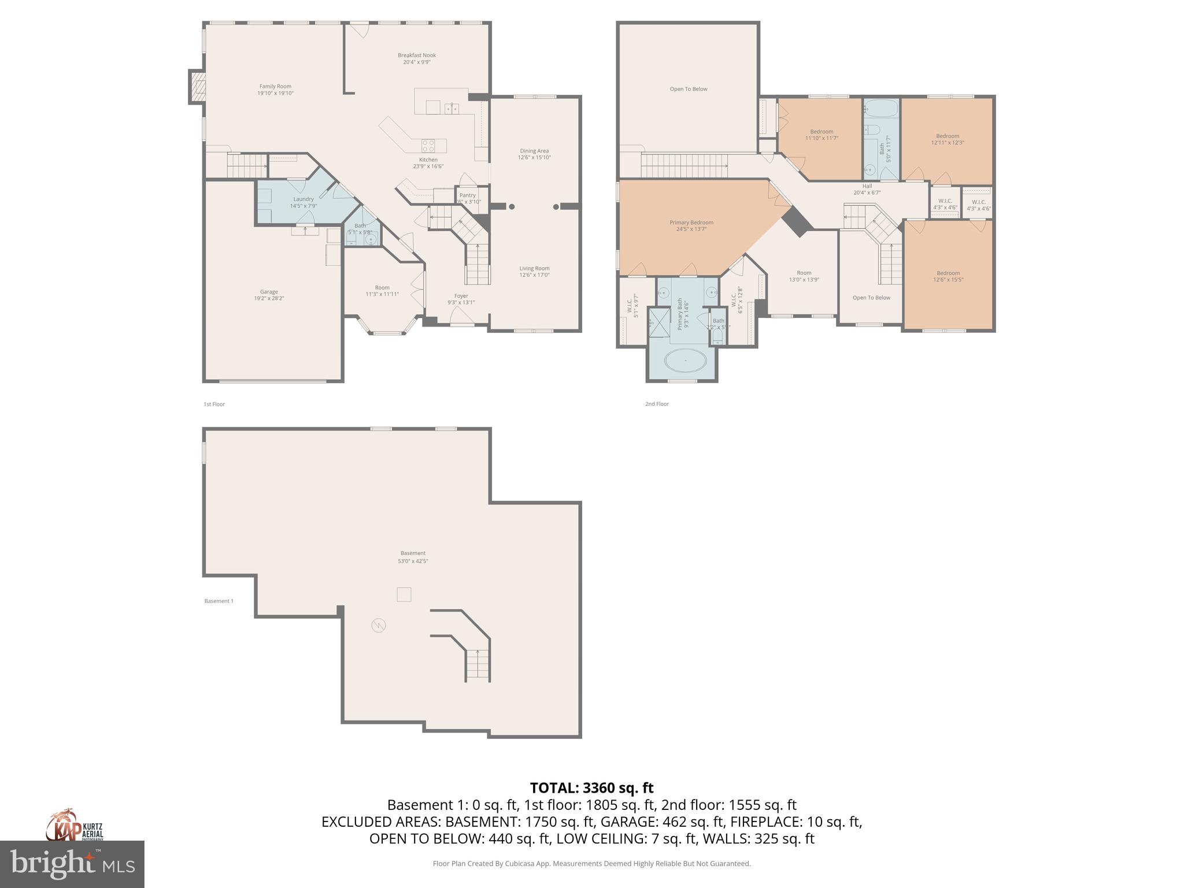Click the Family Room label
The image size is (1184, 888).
click(275, 86)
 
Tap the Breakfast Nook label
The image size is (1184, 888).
click(416, 55)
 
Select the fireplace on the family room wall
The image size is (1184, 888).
click(197, 87)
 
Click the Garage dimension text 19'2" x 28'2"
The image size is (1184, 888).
click(269, 298)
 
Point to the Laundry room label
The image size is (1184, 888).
click(303, 199)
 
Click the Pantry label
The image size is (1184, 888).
click(467, 195)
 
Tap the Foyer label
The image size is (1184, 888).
click(461, 295)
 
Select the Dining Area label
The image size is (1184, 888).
click(534, 151)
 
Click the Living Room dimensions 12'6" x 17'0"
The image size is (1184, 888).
click(534, 275)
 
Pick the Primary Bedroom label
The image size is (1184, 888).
click(691, 222)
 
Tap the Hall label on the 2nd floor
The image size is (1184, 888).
click(867, 186)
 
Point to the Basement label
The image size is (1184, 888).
click(412, 553)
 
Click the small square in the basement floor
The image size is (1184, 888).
click(404, 594)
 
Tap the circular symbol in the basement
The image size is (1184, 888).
click(378, 625)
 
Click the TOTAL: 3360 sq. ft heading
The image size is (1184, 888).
click(591, 787)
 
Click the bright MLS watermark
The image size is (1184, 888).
click(72, 864)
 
